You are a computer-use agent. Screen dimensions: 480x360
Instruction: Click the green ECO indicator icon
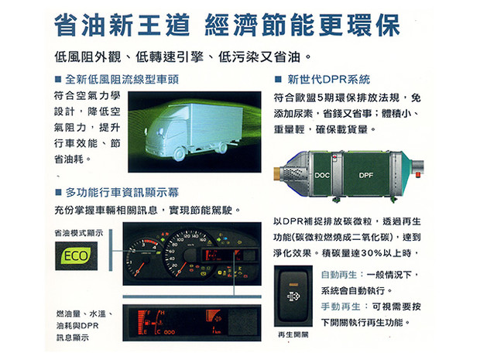[76, 256]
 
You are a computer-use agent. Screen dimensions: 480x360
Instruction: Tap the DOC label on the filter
[322, 176]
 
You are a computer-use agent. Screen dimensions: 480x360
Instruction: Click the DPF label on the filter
[366, 176]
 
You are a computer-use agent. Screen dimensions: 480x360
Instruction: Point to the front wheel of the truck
[180, 154]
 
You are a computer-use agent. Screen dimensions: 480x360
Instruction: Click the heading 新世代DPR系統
[329, 80]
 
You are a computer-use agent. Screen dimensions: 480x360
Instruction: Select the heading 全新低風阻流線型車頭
[122, 80]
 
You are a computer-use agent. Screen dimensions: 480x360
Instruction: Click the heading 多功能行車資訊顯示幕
[122, 193]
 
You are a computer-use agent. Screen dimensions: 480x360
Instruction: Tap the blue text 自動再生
[339, 275]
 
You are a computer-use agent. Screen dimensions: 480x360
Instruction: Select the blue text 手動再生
[341, 307]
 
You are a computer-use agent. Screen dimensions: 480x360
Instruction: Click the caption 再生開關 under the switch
[293, 335]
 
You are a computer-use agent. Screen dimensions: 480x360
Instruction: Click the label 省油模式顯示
[79, 233]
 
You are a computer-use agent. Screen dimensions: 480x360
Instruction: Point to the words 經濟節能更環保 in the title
[302, 25]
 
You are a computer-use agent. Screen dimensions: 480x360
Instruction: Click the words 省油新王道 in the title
[122, 25]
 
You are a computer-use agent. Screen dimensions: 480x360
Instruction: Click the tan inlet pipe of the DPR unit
[278, 173]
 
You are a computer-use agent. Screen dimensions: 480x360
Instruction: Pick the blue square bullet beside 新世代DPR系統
[278, 80]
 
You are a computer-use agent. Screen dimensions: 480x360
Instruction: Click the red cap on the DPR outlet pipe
[418, 175]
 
